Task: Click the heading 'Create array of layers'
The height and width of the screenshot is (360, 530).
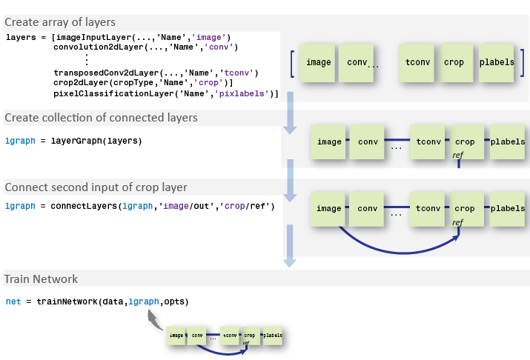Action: point(60,22)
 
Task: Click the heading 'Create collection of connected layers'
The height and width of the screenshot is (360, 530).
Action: point(101,118)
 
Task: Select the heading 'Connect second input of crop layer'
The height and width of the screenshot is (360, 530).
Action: point(95,187)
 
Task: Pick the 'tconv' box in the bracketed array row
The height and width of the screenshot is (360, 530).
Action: point(417,62)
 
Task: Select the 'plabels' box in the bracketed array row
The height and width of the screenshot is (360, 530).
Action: point(497,62)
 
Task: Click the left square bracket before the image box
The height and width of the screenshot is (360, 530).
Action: point(294,63)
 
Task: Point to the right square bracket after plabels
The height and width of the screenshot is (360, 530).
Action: point(523,63)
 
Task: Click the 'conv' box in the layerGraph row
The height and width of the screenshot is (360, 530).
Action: point(368,141)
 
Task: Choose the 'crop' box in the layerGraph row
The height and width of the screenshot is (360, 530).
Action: point(465,141)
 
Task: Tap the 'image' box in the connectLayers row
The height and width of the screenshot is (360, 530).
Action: point(328,209)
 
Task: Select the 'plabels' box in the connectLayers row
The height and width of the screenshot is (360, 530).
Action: point(508,209)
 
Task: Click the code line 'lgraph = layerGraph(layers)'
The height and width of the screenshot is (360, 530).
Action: point(73,141)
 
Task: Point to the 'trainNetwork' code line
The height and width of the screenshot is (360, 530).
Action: point(96,301)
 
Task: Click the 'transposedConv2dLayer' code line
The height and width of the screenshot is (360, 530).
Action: point(156,73)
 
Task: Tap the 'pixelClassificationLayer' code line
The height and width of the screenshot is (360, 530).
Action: point(166,94)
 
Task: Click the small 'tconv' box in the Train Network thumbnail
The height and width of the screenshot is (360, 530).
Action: point(231,336)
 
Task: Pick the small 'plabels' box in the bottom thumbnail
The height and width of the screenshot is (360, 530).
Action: point(272,336)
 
